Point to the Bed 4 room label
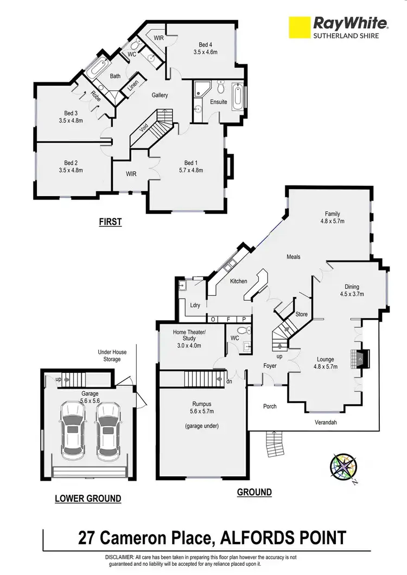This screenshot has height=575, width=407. (x=206, y=44)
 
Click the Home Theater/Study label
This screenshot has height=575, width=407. (x=189, y=334)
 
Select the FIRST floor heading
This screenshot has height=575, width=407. (x=110, y=221)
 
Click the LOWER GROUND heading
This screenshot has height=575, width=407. (x=88, y=498)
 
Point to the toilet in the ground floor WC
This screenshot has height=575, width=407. (x=248, y=330)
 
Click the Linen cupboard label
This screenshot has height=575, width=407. (x=133, y=86)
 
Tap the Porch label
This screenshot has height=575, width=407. (x=269, y=406)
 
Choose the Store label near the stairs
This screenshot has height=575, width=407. (x=301, y=314)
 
